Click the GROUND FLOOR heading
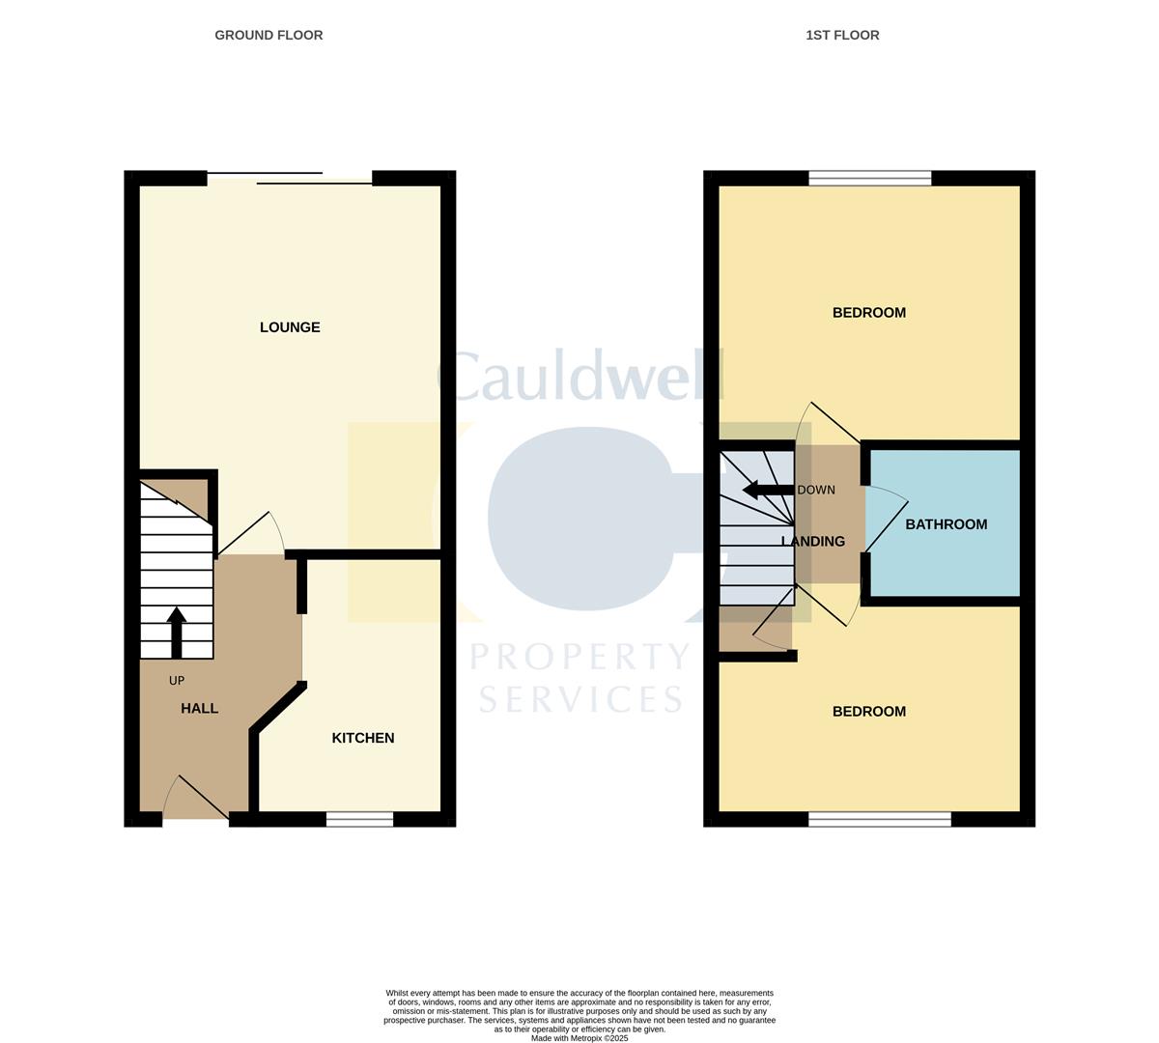point(269,35)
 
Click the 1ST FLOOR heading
point(842,35)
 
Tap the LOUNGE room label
point(290,327)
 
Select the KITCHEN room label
point(363,738)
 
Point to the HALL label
point(200,708)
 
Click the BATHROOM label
point(946,524)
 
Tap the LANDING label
point(813,542)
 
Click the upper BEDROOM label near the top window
point(869,312)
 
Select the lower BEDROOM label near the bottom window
point(869,712)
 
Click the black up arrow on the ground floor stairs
point(176,632)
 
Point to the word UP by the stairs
point(177,681)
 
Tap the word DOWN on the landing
point(816,490)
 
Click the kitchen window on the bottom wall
point(359,819)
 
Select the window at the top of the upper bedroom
point(869,178)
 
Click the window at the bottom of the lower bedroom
point(879,819)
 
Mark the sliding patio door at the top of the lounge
point(290,178)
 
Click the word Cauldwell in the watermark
point(579,377)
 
